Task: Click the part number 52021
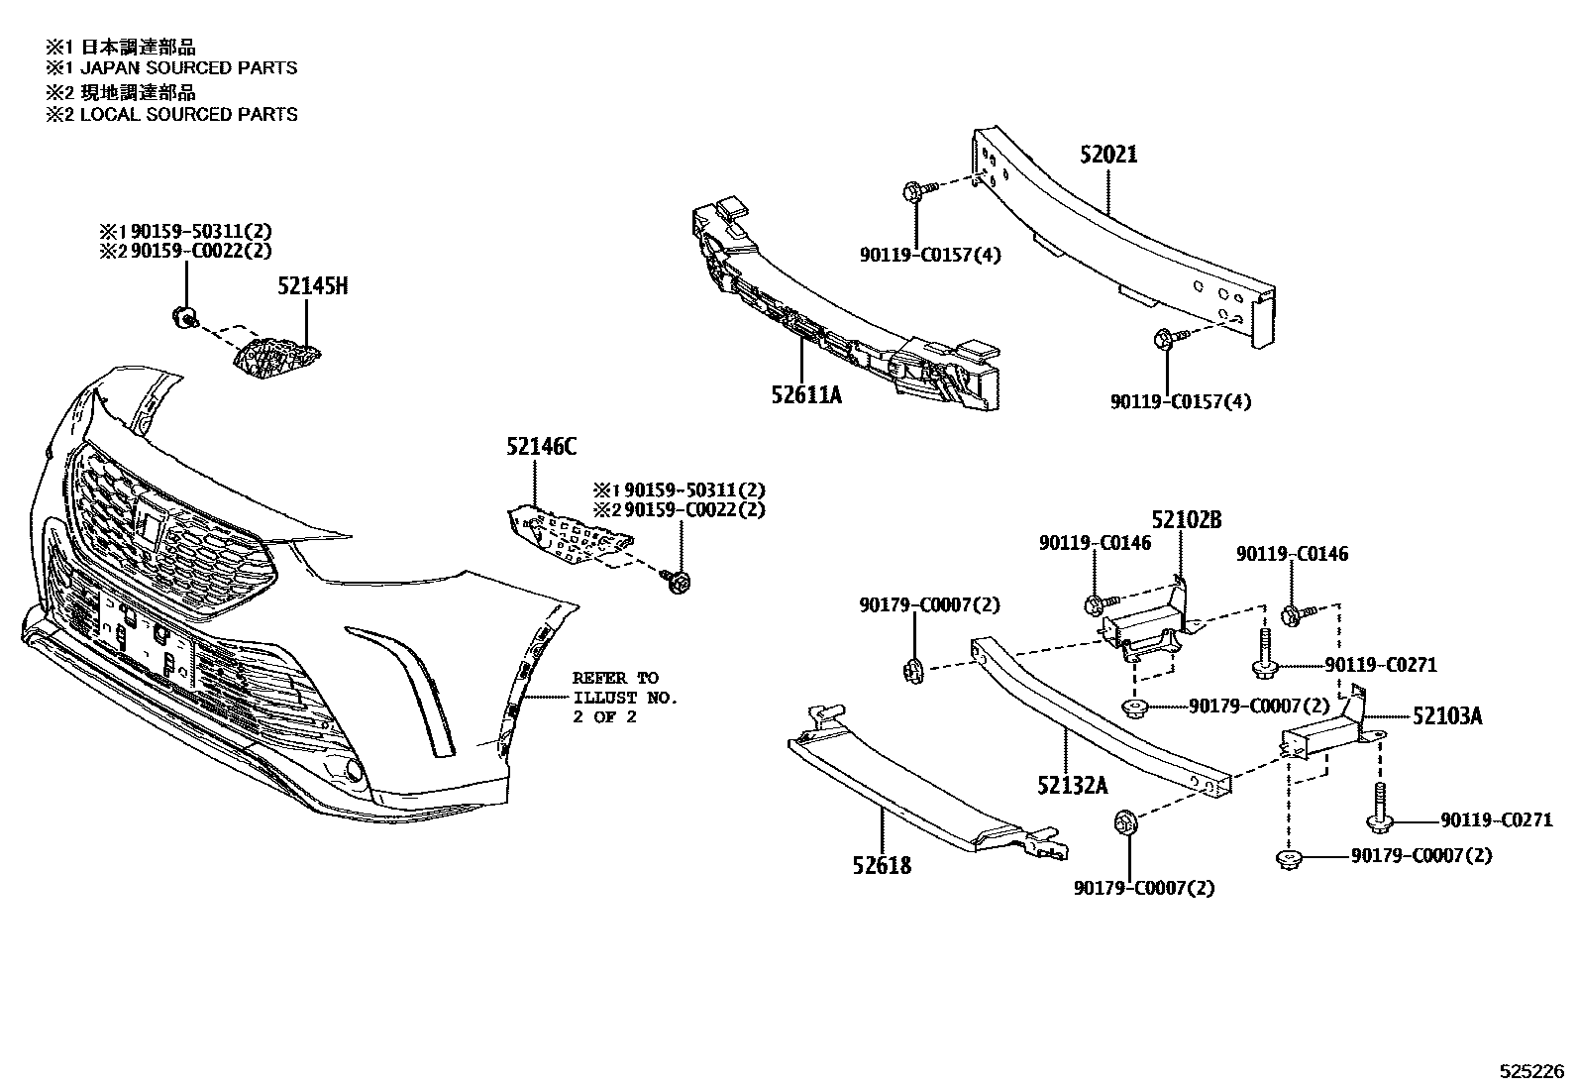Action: pyautogui.click(x=1108, y=155)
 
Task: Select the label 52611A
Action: pyautogui.click(x=806, y=395)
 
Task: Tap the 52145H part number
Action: pyautogui.click(x=312, y=287)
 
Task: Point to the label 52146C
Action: pyautogui.click(x=541, y=448)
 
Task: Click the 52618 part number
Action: pyautogui.click(x=881, y=865)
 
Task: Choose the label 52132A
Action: pyautogui.click(x=1073, y=786)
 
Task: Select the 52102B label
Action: pyautogui.click(x=1186, y=520)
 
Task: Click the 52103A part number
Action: pyautogui.click(x=1446, y=715)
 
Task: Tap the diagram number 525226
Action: pyautogui.click(x=1529, y=1072)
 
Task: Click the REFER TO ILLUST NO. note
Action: pyautogui.click(x=624, y=698)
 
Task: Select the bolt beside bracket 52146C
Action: pyautogui.click(x=681, y=582)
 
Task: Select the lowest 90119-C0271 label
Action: pyautogui.click(x=1496, y=820)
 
